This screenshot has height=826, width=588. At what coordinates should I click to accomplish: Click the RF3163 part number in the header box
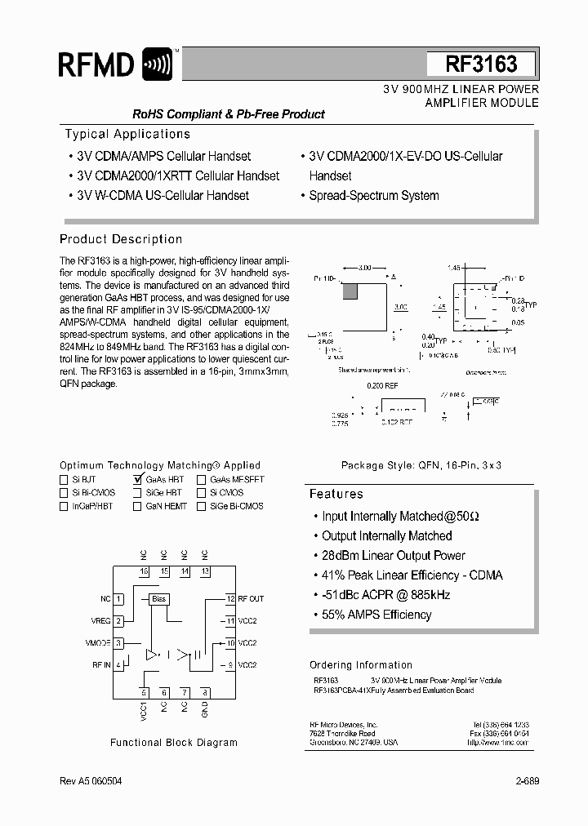coord(481,64)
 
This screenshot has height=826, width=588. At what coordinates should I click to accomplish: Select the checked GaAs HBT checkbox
coord(137,480)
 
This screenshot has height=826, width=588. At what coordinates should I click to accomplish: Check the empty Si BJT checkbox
coord(64,480)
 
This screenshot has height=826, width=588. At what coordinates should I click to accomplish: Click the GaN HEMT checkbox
coord(137,506)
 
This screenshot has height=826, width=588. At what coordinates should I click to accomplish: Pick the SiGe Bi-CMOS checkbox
coord(201,506)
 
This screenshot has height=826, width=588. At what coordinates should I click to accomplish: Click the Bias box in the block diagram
coord(158,599)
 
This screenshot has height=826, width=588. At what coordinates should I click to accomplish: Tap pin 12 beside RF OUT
coord(231,599)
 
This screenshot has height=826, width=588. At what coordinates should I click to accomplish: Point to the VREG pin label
coord(100,621)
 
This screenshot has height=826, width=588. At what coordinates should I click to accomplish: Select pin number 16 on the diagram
coord(144,571)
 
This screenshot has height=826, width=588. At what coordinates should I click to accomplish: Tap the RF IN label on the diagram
coord(101,665)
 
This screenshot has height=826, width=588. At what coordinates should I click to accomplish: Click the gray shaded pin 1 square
coord(351,289)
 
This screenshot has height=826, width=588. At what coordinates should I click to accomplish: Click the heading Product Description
coord(121,239)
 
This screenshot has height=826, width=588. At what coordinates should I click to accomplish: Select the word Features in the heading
coord(336,494)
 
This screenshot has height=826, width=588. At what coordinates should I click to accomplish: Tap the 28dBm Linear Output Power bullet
coord(394,555)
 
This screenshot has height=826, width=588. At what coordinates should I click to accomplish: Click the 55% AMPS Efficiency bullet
coord(376,615)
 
